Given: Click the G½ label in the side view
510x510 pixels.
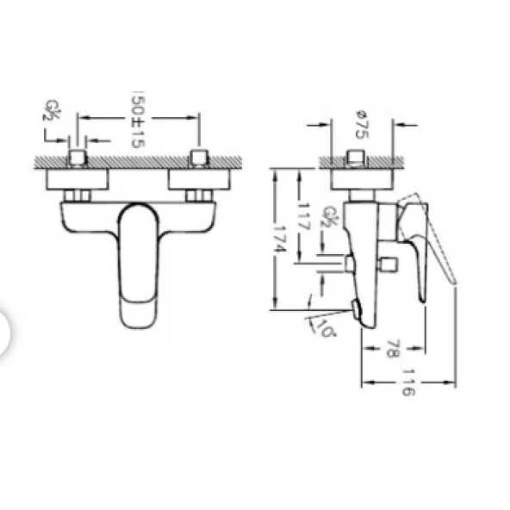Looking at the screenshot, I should (329, 217).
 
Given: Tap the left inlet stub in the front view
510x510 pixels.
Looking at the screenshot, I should (78, 159).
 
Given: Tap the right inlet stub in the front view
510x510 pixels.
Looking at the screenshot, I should (200, 159).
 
